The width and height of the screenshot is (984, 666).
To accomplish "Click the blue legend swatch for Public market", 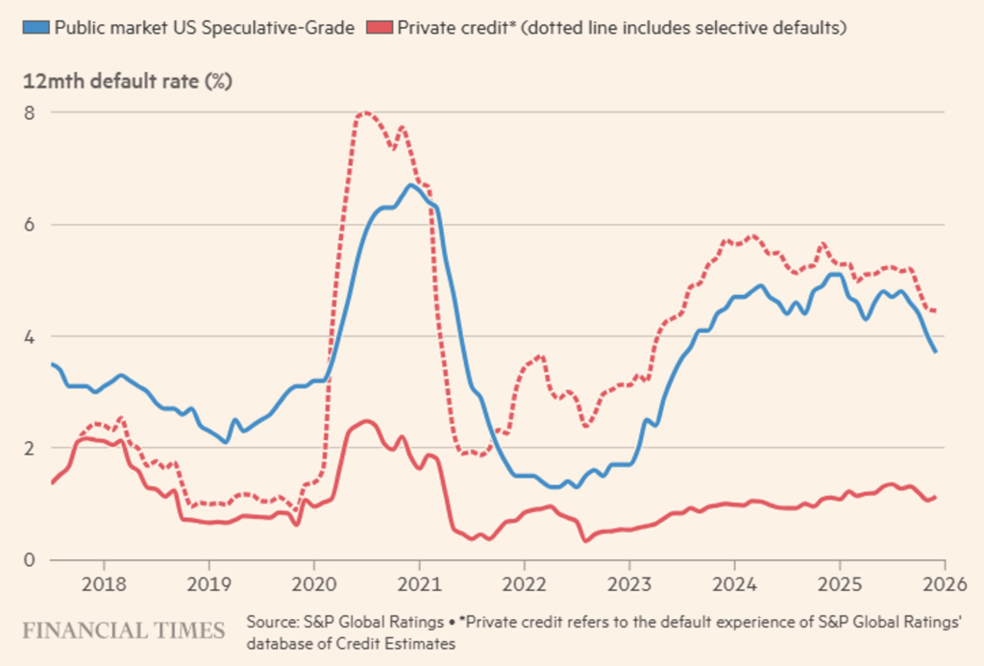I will pos(37,27).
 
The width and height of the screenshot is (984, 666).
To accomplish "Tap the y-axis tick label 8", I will pos(30,111).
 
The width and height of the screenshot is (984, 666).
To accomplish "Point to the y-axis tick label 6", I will pos(30,224).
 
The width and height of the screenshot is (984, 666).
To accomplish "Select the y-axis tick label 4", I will pos(30,336).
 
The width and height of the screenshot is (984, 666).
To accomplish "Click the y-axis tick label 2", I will pos(30,448).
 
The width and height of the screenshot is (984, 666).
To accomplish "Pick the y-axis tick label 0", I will pos(30,560).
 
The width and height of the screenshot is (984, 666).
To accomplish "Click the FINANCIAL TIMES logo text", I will pos(123,631).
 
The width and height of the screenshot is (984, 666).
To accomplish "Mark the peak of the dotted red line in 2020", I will pos(364,113).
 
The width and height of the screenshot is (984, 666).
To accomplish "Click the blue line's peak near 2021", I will pos(410,185).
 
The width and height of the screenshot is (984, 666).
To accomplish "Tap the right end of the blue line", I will pos(936,352).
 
